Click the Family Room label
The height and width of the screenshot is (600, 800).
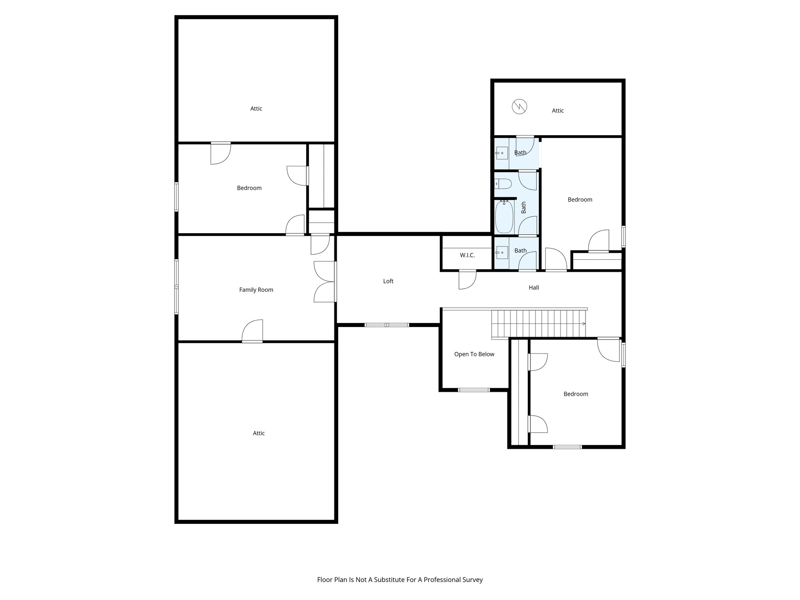(256, 290)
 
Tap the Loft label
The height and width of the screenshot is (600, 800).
(388, 281)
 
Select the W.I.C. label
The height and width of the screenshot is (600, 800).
(467, 255)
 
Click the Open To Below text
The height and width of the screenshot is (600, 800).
(474, 354)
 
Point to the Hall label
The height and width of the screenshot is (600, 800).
(534, 288)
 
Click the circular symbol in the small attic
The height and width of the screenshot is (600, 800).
(520, 106)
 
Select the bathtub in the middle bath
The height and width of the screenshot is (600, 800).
(504, 217)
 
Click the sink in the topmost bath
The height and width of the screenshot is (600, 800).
(502, 153)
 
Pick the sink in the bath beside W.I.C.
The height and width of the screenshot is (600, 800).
(502, 253)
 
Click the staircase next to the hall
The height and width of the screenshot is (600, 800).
(539, 323)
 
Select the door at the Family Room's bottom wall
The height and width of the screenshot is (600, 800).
(252, 331)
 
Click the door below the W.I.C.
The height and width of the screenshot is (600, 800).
(467, 279)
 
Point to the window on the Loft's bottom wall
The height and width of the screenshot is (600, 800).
(387, 325)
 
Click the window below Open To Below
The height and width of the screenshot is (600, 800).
(473, 390)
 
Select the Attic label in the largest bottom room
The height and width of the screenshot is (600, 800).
(259, 433)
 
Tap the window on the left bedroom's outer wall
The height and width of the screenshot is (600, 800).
(177, 196)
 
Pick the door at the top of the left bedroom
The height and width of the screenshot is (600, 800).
(221, 153)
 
